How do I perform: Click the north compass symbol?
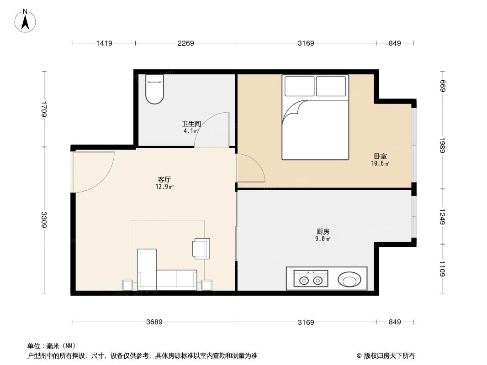[x=26, y=20]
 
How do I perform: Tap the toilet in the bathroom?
[x=154, y=89]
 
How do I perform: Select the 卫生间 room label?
[x=191, y=124]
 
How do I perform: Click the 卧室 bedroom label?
[x=380, y=156]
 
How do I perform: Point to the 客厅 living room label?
[x=164, y=179]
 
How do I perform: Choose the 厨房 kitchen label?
[x=323, y=231]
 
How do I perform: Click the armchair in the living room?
[x=201, y=248]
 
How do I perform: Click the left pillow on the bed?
[x=300, y=86]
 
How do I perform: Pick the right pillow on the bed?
[x=331, y=86]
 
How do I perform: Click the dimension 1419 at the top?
[x=104, y=43]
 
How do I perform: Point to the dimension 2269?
[x=186, y=43]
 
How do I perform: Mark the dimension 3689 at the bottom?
[x=154, y=322]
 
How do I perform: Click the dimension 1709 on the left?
[x=44, y=109]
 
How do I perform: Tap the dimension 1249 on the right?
[x=442, y=217]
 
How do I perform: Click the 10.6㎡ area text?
[x=380, y=164]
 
